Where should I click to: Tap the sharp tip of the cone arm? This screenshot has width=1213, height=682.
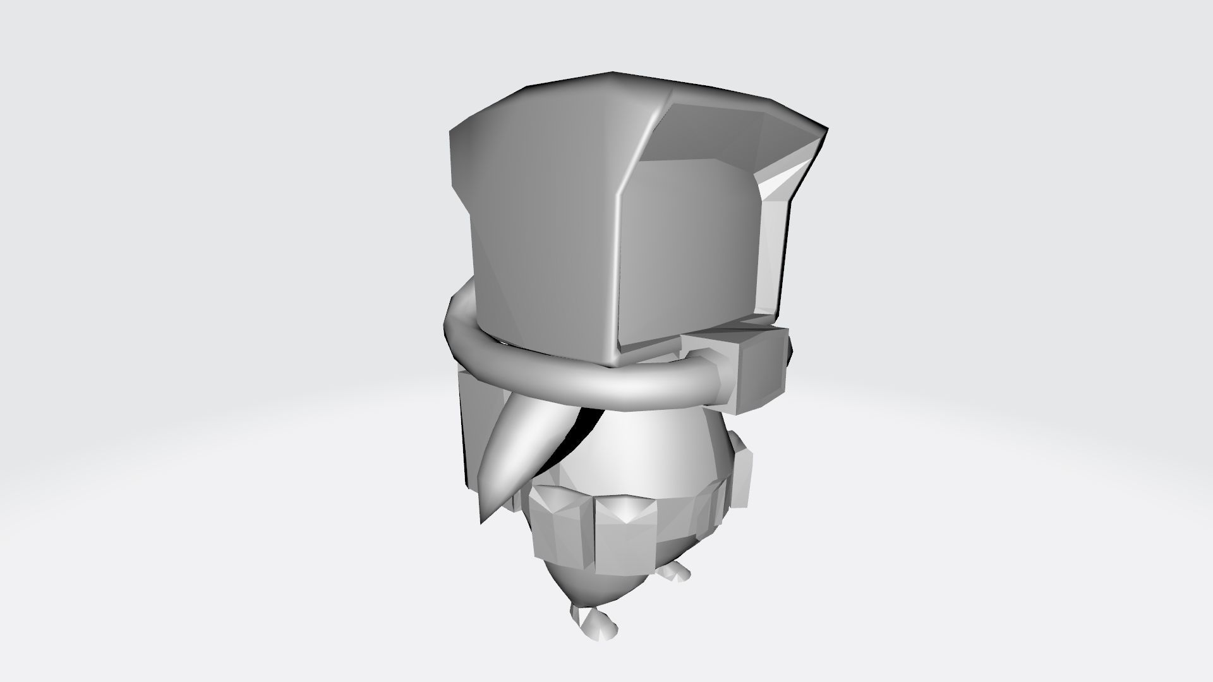coord(482,522)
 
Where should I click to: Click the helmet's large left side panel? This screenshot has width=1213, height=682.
coord(537,240)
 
